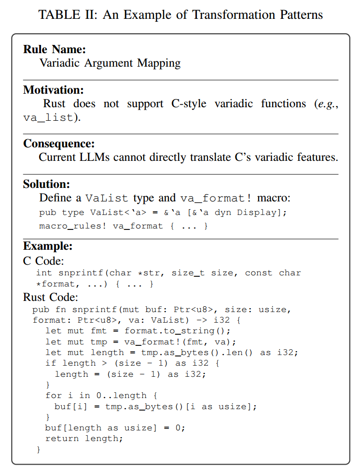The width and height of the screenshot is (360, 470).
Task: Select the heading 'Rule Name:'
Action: (55, 49)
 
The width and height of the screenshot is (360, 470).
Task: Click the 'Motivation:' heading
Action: (54, 90)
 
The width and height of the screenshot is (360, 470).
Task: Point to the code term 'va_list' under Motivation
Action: (48, 117)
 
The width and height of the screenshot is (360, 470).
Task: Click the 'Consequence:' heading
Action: (59, 143)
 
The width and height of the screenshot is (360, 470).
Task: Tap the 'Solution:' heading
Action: (47, 184)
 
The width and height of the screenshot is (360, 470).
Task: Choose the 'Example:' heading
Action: (48, 246)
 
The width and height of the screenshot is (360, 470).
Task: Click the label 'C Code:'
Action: (43, 261)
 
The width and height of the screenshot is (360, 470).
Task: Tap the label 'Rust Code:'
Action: (51, 297)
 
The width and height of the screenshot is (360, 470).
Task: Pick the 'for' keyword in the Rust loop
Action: (53, 396)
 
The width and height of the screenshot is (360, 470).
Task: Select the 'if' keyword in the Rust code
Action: (50, 363)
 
